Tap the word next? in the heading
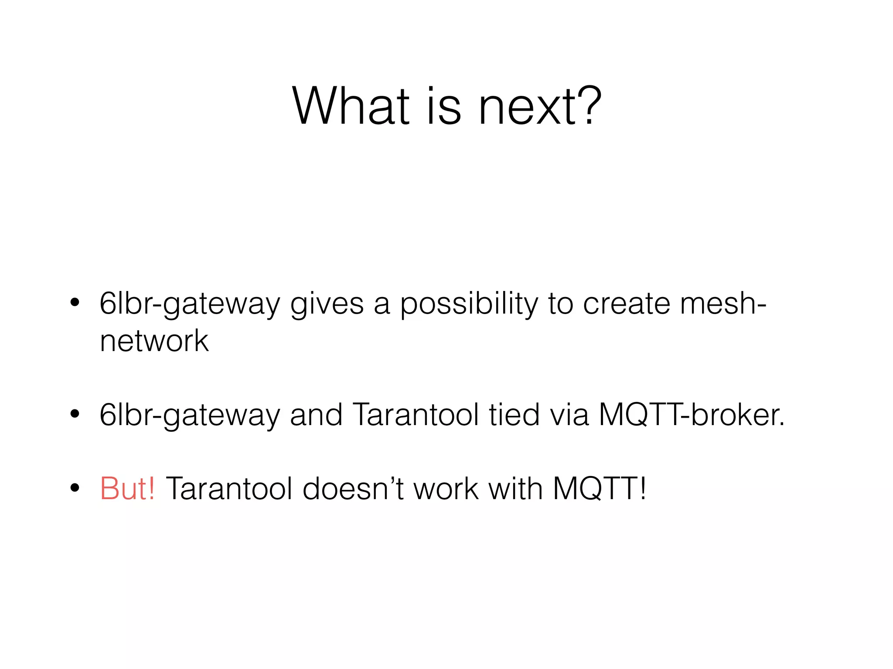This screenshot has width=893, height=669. click(540, 106)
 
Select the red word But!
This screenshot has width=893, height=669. click(127, 489)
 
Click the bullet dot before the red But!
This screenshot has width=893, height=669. click(75, 488)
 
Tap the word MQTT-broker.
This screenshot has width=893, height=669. click(692, 415)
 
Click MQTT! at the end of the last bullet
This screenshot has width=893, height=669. click(600, 489)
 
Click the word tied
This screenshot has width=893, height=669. click(514, 415)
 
